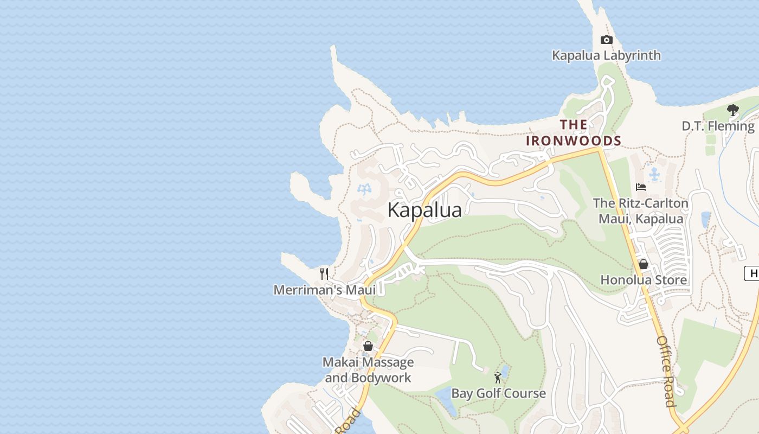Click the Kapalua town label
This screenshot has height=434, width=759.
coord(424,210)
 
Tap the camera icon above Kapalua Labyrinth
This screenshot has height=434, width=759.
coord(606,40)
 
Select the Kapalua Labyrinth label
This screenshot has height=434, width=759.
coord(606,55)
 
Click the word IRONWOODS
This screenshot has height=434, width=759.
coord(574,141)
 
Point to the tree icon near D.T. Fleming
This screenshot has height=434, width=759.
coord(733,110)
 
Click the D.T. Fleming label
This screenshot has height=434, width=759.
coord(718,126)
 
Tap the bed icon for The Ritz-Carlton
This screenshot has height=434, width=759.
coord(641,187)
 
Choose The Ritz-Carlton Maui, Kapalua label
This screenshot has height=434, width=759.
coord(640,211)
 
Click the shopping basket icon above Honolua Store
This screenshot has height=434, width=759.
coord(644,264)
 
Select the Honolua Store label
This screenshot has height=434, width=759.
coord(644,280)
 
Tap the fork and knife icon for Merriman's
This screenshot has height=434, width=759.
coord(324,273)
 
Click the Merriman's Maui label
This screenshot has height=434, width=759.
coord(324,290)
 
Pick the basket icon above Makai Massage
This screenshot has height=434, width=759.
coord(368,346)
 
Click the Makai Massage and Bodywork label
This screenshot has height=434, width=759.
coord(368,369)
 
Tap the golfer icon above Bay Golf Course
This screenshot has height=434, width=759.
coord(498,377)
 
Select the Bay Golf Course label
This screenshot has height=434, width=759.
coord(498,393)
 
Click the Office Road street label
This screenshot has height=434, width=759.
coord(666,371)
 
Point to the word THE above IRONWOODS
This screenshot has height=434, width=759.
coord(574,125)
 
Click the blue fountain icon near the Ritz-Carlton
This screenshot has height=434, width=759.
coord(655,174)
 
